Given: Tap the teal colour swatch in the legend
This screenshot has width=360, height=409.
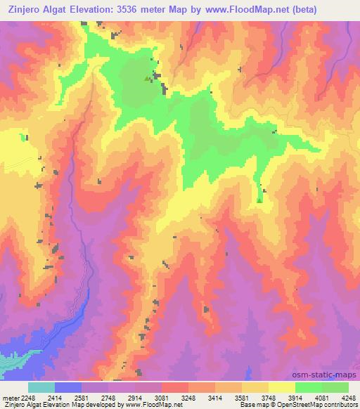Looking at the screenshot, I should pyautogui.click(x=41, y=387).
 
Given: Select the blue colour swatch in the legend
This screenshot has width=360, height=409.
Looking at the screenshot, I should pyautogui.click(x=67, y=387).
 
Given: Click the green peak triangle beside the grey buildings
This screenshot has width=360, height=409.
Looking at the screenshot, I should pyautogui.click(x=147, y=79).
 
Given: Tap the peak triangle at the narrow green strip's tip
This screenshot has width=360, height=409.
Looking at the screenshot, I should pyautogui.click(x=260, y=200).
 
